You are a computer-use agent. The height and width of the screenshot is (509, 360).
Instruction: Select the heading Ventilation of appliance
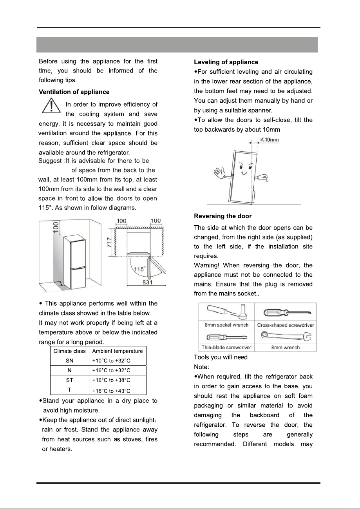(74, 92)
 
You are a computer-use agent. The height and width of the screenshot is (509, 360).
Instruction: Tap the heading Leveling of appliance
(226, 62)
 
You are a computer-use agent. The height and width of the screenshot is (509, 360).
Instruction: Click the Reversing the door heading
(223, 216)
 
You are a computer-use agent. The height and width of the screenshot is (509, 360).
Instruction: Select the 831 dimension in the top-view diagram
(147, 283)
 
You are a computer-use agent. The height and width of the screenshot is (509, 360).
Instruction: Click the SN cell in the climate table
(69, 361)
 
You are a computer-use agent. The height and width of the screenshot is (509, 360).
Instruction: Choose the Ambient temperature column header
(118, 351)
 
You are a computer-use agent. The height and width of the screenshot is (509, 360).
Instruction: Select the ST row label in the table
(69, 380)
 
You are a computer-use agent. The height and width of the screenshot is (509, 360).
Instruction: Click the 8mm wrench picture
(286, 337)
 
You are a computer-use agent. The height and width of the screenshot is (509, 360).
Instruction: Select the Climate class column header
(69, 351)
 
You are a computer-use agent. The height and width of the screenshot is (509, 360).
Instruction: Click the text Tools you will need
(221, 357)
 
